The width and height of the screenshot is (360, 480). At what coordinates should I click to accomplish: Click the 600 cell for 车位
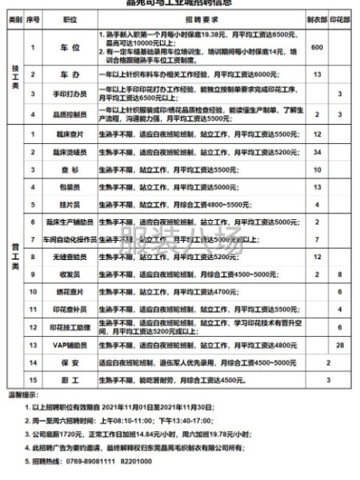[317, 48]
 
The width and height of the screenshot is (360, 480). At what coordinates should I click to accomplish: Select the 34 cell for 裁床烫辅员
[317, 152]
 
